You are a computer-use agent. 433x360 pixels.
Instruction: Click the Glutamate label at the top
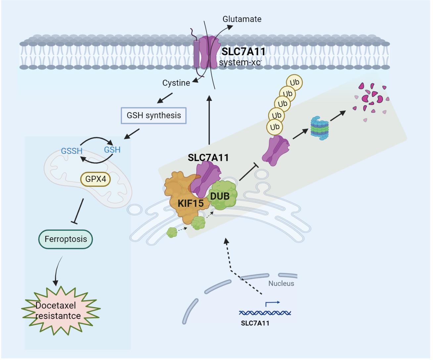click(242, 19)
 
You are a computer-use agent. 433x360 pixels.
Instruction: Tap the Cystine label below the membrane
click(176, 83)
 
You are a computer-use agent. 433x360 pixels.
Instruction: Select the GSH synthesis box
click(154, 115)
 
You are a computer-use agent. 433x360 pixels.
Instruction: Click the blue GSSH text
click(72, 151)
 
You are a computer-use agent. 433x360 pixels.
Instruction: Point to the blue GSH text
click(112, 150)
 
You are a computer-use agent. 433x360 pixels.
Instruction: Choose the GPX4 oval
click(96, 179)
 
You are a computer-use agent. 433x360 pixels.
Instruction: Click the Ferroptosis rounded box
click(66, 239)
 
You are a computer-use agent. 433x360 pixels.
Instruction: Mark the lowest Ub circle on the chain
click(274, 127)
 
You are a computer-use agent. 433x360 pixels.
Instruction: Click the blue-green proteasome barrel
click(319, 128)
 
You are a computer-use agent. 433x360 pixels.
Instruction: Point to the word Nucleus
click(281, 284)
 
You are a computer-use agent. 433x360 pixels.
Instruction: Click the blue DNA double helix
click(265, 313)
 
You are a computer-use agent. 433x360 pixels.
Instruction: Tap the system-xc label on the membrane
click(240, 63)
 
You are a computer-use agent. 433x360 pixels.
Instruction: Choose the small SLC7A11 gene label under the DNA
click(255, 324)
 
